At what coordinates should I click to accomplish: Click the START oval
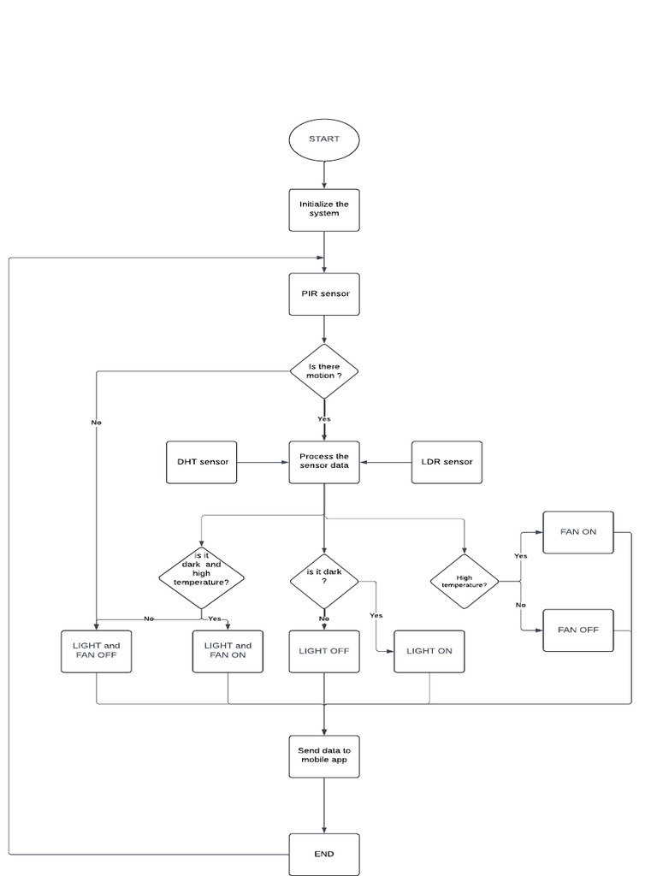[324, 139]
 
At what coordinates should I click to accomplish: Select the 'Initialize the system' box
[324, 210]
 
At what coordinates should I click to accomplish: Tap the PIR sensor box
[324, 293]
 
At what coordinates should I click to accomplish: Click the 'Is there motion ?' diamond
[324, 370]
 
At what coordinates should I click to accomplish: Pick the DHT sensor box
[202, 462]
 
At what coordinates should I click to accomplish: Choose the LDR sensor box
[447, 462]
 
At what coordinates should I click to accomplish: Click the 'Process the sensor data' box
[324, 462]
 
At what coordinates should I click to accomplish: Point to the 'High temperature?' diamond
[465, 582]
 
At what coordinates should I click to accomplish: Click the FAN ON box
[578, 532]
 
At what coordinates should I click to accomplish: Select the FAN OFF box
[578, 630]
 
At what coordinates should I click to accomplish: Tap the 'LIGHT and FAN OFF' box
[97, 651]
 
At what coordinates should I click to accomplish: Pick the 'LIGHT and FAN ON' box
[228, 651]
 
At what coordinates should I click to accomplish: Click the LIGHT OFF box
[324, 651]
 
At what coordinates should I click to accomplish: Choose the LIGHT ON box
[429, 651]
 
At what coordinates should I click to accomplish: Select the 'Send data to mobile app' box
[324, 756]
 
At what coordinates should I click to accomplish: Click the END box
[324, 854]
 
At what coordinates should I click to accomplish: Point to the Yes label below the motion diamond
[324, 419]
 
